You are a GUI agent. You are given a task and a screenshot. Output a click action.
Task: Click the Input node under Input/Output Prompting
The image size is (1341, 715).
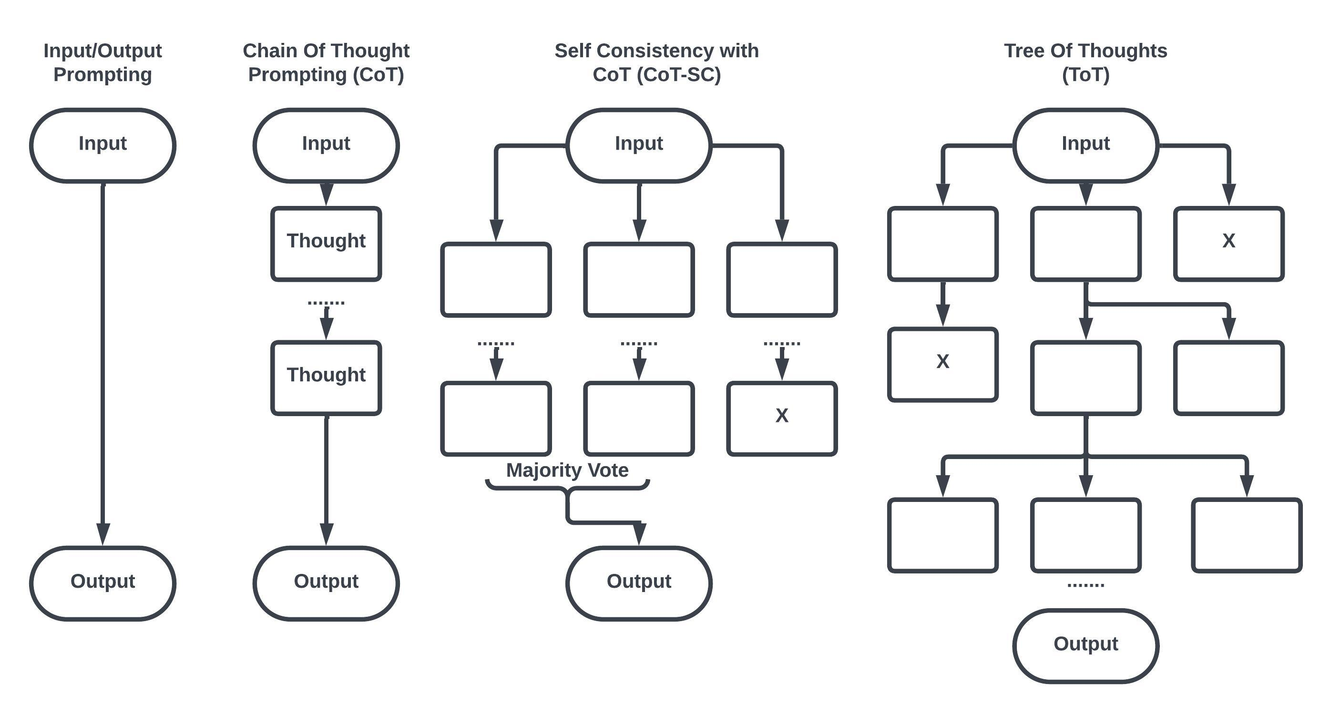coord(102,145)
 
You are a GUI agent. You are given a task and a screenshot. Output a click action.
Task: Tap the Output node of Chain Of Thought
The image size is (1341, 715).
coord(326,583)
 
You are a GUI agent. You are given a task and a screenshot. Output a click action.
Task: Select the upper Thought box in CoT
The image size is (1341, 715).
coord(326,244)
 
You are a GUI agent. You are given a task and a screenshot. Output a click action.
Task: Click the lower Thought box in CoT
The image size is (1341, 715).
coord(326,377)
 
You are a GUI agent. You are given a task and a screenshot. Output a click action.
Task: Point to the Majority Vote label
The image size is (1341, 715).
coord(567,470)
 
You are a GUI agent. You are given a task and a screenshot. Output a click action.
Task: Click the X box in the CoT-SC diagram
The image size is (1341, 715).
coord(781,419)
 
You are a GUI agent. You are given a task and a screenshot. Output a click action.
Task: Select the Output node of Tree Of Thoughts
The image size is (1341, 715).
coord(1085,645)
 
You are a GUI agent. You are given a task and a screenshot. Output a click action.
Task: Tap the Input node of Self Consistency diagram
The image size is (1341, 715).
coord(639,145)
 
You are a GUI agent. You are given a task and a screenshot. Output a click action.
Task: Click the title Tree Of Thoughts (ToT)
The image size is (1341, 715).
coord(1085,62)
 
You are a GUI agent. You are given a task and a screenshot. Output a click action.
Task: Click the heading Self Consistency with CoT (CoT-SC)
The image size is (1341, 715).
coord(656,62)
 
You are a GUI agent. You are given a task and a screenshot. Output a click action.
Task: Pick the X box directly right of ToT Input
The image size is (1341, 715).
coord(1228,244)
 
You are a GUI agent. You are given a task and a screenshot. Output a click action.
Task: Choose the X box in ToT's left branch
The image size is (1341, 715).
coord(942,364)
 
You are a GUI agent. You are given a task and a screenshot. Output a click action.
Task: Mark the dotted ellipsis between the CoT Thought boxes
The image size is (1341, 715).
coord(326,302)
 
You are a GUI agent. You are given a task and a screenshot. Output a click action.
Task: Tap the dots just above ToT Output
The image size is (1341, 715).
coord(1085,585)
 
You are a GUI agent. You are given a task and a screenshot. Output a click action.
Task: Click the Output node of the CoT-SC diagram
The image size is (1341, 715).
coord(639,583)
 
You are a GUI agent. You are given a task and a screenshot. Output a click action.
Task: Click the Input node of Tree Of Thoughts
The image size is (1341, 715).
coord(1085,145)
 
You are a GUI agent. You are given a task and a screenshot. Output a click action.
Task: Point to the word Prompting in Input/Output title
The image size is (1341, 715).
coord(102,74)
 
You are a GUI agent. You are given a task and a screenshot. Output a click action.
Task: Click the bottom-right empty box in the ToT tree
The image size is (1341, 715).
coord(1246,535)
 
